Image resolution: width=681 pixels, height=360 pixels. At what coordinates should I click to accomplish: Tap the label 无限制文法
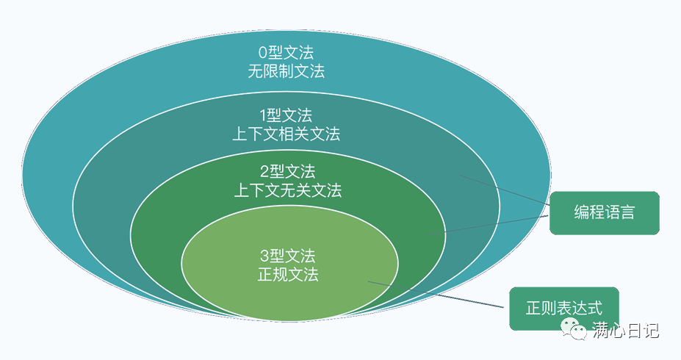point(287,72)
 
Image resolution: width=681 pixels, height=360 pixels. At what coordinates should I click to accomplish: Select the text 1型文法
point(287,115)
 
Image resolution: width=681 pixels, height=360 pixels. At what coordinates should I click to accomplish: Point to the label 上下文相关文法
point(287,134)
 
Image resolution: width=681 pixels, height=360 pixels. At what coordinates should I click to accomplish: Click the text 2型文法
point(287,172)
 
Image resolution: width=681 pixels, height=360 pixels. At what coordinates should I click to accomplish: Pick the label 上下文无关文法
point(287,191)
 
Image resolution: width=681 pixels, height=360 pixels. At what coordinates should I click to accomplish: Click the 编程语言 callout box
point(604,213)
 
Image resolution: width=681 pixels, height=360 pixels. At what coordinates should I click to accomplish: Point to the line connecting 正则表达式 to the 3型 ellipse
point(441,295)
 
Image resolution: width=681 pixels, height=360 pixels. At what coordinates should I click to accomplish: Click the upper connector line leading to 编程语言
point(507,190)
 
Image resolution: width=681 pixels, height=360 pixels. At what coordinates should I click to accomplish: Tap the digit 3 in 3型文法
point(264,256)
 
